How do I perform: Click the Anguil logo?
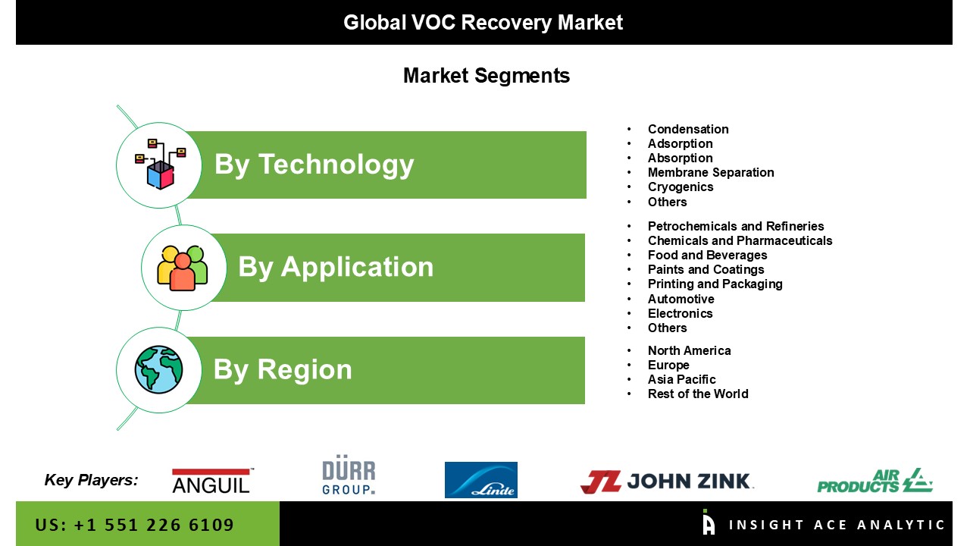[x=212, y=481]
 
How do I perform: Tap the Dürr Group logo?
[x=349, y=475]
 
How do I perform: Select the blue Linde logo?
[x=480, y=480]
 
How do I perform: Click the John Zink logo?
[x=666, y=482]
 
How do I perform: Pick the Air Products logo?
[x=875, y=481]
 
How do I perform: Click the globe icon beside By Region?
[x=158, y=369]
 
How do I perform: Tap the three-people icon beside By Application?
[x=183, y=268]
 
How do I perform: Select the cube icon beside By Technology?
[x=160, y=165]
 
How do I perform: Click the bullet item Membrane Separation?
[x=711, y=172]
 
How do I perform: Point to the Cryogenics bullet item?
[x=681, y=187]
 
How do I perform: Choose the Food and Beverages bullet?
[x=707, y=256]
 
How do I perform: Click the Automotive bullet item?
[x=681, y=299]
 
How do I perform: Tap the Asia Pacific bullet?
[x=681, y=380]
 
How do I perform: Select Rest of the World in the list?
[x=698, y=394]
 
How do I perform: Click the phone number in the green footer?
[x=134, y=526]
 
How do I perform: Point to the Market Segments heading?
[x=487, y=76]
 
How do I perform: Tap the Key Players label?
[x=91, y=480]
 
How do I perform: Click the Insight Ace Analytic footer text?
[x=836, y=526]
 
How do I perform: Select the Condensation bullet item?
[x=688, y=129]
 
